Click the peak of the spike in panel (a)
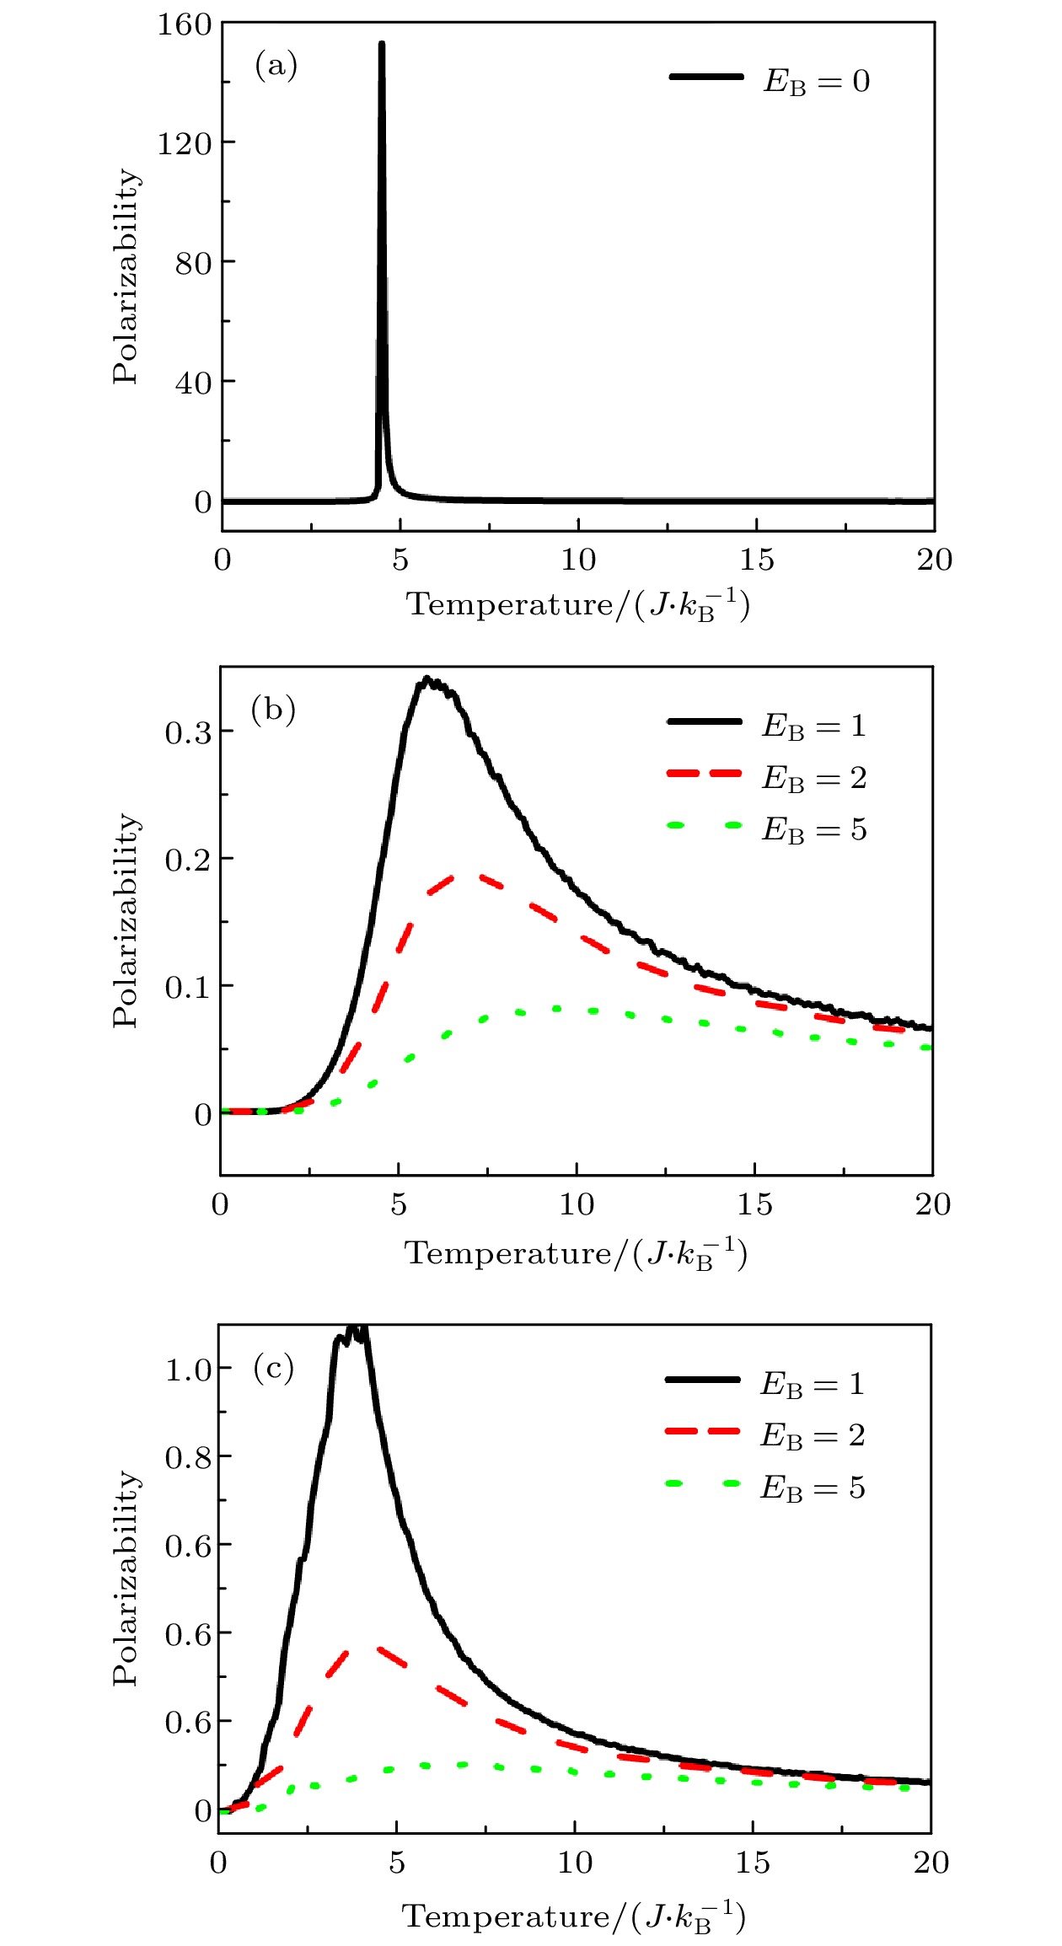pos(382,44)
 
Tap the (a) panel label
pos(276,65)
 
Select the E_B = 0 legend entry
pos(770,80)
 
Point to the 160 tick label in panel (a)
pos(185,24)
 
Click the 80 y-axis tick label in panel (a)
pos(193,263)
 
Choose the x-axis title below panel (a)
pos(578,604)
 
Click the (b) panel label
pos(273,709)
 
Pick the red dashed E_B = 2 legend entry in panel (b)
pos(766,776)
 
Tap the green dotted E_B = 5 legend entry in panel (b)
pos(766,828)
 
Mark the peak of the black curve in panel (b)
pos(427,678)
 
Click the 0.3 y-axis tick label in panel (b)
pos(188,732)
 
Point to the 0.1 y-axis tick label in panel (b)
pos(188,987)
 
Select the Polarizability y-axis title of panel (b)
pos(126,920)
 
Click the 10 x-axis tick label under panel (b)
pos(577,1204)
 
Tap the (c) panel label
pos(273,1367)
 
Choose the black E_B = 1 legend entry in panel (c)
pos(764,1383)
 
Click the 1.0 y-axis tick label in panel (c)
pos(188,1370)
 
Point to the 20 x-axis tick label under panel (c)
pos(931,1862)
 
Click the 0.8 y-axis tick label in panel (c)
pos(188,1457)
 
